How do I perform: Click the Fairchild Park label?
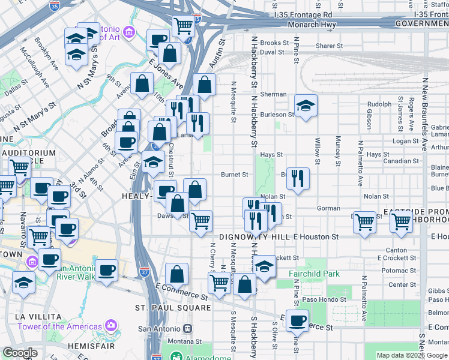[x=314, y=274]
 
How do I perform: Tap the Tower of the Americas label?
[x=59, y=326]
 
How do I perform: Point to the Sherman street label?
[x=273, y=94]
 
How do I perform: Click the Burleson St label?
[x=277, y=114]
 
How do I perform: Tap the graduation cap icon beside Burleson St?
[x=306, y=106]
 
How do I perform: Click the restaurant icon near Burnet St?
[x=298, y=177]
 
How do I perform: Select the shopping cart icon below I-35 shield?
[x=183, y=25]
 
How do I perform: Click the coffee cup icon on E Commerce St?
[x=297, y=320]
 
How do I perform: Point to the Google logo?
[x=20, y=353]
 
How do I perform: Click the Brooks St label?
[x=275, y=43]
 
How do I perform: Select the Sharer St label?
[x=329, y=46]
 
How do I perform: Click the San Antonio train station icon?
[x=188, y=329]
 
